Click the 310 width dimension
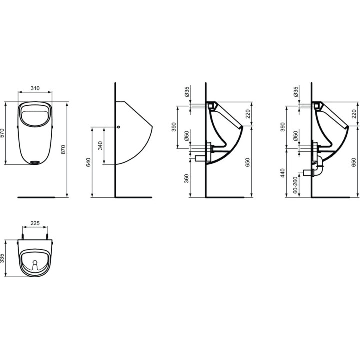(35, 88)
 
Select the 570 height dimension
(2, 133)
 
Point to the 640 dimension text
(89, 162)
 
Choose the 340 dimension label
(100, 145)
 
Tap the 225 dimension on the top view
(35, 224)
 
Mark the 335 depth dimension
(2, 257)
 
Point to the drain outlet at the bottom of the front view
(35, 162)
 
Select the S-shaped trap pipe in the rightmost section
(318, 169)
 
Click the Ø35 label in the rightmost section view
(296, 91)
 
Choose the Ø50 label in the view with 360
(187, 137)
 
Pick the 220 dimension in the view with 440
(354, 114)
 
